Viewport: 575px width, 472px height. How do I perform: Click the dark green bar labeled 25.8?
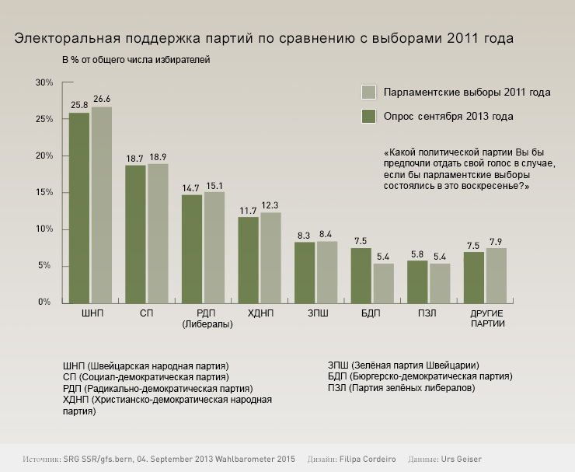coord(79,208)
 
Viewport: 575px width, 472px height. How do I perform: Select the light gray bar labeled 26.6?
coord(102,205)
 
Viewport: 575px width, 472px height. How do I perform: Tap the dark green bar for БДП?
coord(361,274)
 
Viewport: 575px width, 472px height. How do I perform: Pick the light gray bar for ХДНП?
coord(270,257)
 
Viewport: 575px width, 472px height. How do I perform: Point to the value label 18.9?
coord(158,157)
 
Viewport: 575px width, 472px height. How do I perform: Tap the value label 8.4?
coord(327,234)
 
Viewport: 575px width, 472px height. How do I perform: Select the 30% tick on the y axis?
coord(44,82)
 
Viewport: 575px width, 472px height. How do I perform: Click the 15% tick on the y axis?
coord(44,192)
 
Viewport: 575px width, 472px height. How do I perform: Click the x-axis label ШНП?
coord(92,313)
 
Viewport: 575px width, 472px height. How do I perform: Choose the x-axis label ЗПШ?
coord(317,313)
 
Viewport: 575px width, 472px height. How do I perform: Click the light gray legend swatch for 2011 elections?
coord(370,93)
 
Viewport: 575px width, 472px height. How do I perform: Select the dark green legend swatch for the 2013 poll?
coord(370,117)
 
